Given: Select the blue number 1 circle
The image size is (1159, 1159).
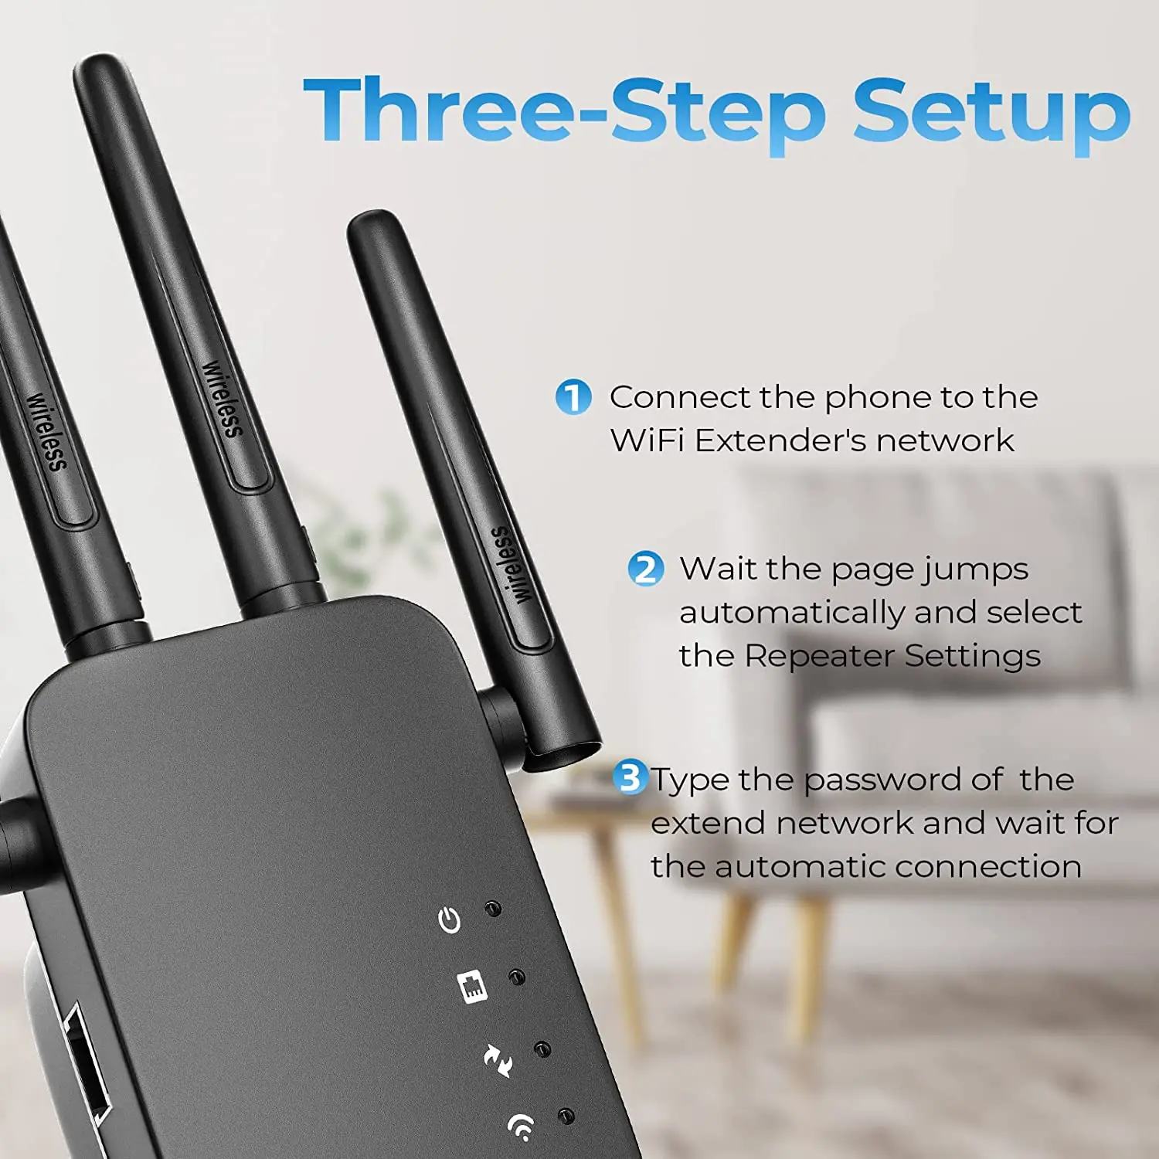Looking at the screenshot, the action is pyautogui.click(x=573, y=397).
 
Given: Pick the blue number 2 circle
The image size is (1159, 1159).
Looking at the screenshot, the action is pyautogui.click(x=645, y=569).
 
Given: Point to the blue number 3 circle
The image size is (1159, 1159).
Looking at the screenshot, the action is pyautogui.click(x=630, y=777).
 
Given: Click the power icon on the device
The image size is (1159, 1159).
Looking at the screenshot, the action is pyautogui.click(x=450, y=920).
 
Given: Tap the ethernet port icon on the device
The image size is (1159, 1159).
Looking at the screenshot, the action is pyautogui.click(x=473, y=987).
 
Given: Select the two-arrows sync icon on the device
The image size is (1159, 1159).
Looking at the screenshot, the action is pyautogui.click(x=498, y=1059).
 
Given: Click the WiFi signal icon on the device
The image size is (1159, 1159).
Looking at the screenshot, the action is pyautogui.click(x=522, y=1127).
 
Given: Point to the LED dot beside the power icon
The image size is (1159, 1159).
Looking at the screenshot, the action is pyautogui.click(x=493, y=909).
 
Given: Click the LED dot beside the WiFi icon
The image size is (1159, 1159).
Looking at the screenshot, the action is pyautogui.click(x=566, y=1117).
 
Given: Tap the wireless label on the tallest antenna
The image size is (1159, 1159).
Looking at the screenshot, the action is pyautogui.click(x=222, y=399).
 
